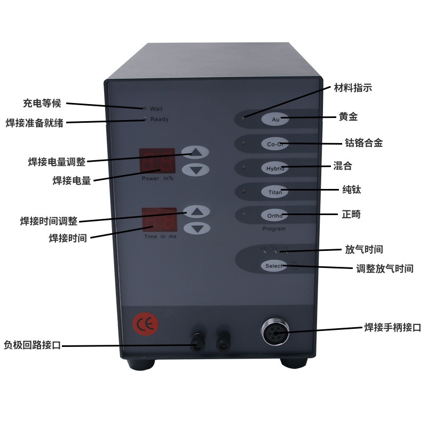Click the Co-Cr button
click(x=274, y=144)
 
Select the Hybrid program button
click(x=274, y=168)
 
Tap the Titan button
click(x=274, y=192)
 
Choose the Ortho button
click(x=274, y=215)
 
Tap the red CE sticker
click(x=145, y=322)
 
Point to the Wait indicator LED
click(x=145, y=108)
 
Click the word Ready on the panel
click(x=159, y=119)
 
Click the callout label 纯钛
click(x=352, y=189)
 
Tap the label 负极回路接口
click(x=33, y=345)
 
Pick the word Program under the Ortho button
click(x=273, y=229)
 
